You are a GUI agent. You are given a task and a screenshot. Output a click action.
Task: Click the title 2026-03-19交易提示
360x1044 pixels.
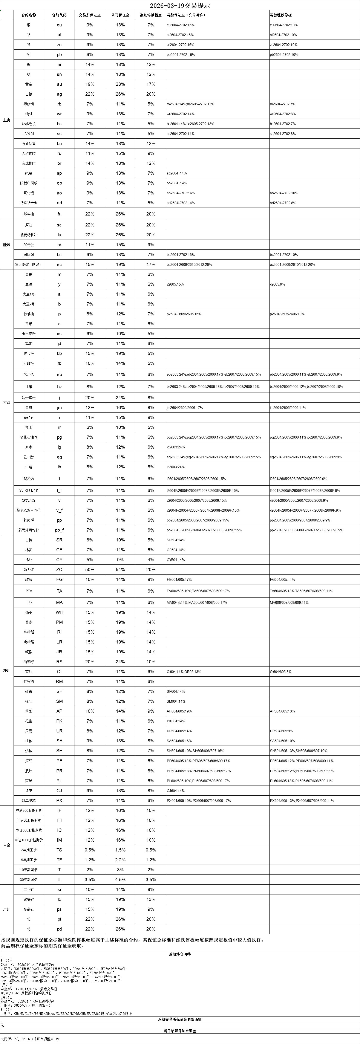180,6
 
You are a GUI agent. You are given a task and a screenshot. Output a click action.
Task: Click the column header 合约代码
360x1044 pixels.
59,15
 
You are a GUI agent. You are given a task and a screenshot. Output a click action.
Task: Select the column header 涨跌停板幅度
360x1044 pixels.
151,15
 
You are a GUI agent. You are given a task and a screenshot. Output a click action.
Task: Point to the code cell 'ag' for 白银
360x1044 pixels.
59,94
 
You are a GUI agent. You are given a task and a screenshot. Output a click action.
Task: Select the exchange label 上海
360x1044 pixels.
6,120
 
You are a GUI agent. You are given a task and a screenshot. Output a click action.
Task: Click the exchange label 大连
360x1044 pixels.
6,402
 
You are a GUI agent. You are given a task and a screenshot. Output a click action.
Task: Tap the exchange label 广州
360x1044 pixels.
6,909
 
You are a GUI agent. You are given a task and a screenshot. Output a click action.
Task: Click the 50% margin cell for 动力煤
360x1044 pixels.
90,569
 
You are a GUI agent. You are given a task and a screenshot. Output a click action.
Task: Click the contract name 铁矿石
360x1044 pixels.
29,417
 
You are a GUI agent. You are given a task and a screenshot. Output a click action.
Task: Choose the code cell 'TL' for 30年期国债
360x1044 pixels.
59,879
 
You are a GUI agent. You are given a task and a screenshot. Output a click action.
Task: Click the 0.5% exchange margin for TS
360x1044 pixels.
90,850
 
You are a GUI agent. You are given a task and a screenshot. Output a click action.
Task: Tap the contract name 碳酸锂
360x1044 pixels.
29,899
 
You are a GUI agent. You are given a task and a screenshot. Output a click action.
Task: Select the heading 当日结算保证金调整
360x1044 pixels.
180,1031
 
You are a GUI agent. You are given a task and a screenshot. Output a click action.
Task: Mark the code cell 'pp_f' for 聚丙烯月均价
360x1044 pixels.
59,530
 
